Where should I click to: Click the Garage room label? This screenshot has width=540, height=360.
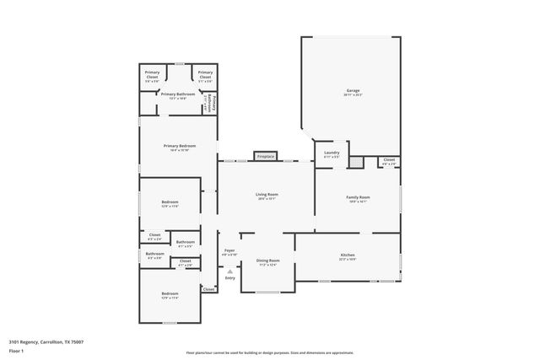[352, 91]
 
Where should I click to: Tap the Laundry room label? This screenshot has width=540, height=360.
[331, 153]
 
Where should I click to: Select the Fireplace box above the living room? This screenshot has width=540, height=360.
[265, 156]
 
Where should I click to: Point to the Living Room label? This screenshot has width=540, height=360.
[267, 196]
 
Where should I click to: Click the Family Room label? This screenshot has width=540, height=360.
[358, 198]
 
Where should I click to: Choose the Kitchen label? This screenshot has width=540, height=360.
[347, 255]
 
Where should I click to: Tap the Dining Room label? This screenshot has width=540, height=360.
[267, 262]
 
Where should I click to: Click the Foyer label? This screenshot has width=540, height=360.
[229, 251]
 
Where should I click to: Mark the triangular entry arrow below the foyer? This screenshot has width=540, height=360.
[229, 271]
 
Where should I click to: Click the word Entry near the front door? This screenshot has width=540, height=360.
[229, 278]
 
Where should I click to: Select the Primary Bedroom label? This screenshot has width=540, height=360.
[179, 148]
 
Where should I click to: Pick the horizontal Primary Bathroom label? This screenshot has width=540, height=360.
[178, 95]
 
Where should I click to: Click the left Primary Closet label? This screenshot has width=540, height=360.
[152, 75]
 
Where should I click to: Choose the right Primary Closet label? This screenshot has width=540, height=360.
[205, 75]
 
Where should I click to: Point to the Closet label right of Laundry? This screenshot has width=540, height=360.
[388, 160]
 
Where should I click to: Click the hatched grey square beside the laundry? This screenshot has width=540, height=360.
[358, 161]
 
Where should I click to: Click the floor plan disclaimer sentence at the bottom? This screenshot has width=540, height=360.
[269, 352]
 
